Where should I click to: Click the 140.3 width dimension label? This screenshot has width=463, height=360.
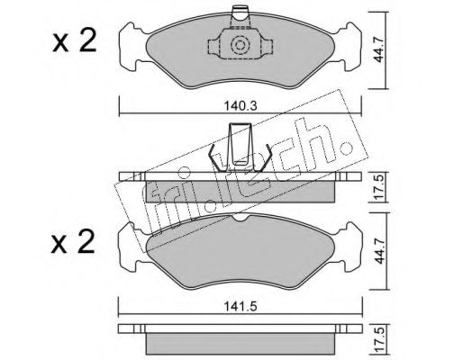[241, 106]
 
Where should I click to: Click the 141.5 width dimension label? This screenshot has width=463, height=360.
[241, 307]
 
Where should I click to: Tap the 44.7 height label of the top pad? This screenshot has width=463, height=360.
[379, 50]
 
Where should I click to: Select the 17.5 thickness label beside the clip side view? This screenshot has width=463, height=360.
[379, 187]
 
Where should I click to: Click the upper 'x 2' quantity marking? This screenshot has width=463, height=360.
[75, 41]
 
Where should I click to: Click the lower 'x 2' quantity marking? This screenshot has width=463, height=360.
[73, 242]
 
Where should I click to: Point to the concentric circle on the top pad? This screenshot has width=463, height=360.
[240, 45]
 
